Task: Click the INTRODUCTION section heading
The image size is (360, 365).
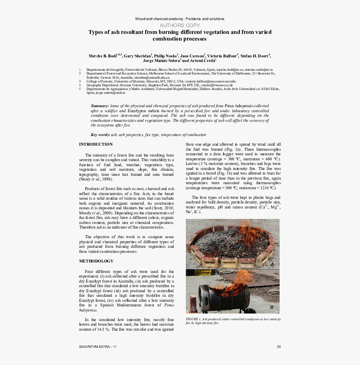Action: [x=96, y=144]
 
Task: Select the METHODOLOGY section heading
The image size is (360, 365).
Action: [x=96, y=261]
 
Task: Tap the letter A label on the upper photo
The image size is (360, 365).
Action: [x=272, y=265]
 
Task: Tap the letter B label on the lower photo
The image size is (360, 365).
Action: [x=272, y=308]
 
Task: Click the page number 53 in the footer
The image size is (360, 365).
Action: [x=278, y=347]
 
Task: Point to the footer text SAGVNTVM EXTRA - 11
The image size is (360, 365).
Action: [x=98, y=347]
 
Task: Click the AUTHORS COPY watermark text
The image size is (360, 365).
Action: [x=180, y=26]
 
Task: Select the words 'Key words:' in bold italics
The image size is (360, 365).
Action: [x=100, y=135]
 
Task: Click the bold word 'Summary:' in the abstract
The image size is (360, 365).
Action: [x=100, y=106]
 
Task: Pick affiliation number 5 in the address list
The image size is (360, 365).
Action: [x=80, y=89]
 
